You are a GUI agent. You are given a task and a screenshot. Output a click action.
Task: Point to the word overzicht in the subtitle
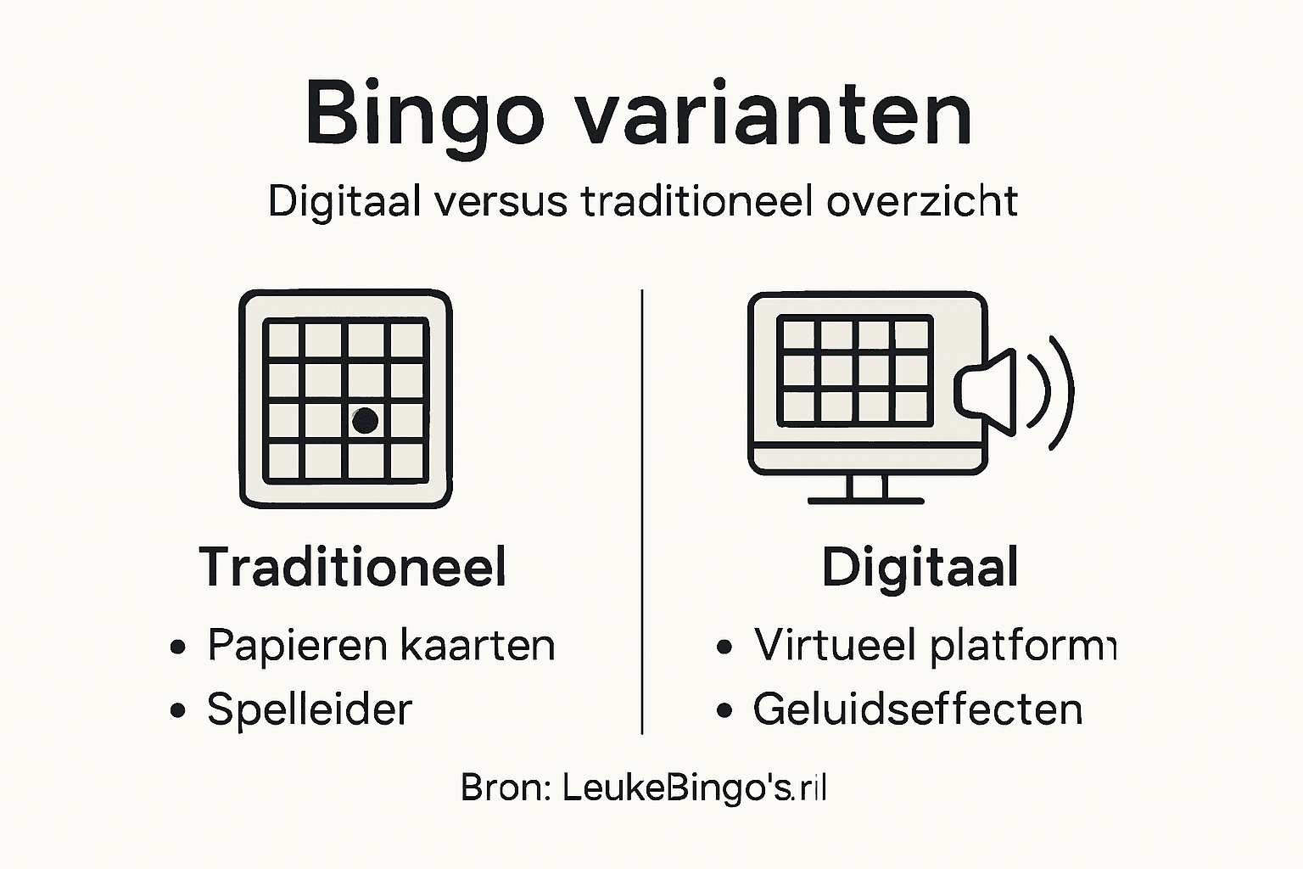click(x=922, y=202)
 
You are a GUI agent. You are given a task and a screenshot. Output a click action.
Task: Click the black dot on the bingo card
click(x=365, y=420)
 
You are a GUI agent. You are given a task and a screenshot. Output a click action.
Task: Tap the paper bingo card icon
click(x=345, y=399)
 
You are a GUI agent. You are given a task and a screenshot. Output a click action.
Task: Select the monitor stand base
click(x=865, y=501)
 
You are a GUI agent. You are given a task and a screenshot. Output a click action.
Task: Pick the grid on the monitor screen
click(x=855, y=371)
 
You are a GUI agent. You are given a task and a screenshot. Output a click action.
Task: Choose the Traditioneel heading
click(x=353, y=567)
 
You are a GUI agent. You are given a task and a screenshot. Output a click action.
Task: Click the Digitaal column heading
click(x=920, y=567)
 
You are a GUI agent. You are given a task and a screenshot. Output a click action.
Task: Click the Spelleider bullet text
click(x=310, y=709)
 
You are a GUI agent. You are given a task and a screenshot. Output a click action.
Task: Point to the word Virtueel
click(x=835, y=646)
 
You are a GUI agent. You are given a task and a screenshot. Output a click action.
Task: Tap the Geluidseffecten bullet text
click(x=917, y=709)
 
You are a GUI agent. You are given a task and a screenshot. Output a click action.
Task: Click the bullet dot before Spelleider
click(x=177, y=710)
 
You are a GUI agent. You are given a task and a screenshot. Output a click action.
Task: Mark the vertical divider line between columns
click(x=642, y=509)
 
